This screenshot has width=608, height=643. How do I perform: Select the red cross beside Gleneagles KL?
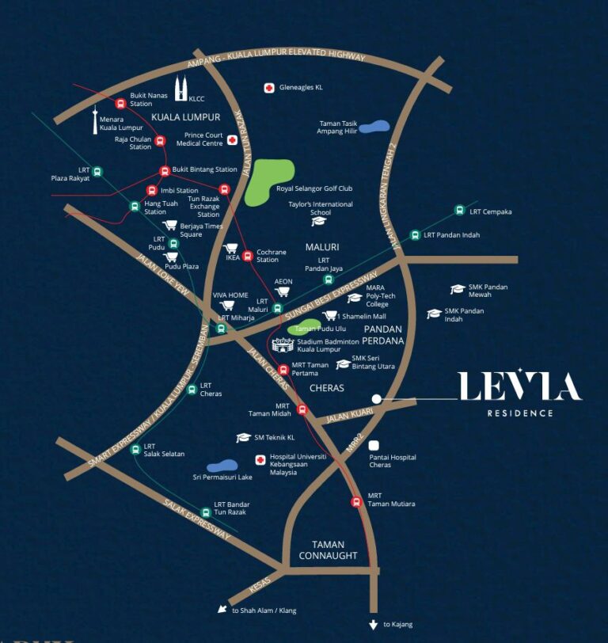click(x=269, y=88)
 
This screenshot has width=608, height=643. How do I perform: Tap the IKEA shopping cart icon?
click(x=231, y=249)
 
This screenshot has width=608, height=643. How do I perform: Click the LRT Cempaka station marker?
click(x=459, y=211)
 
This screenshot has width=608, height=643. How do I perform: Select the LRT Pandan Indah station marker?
click(x=414, y=235)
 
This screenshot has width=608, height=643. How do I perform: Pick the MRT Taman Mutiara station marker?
click(x=356, y=501)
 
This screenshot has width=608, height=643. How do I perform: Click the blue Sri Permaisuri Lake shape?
click(x=222, y=466)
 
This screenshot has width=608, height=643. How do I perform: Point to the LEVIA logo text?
click(x=519, y=386)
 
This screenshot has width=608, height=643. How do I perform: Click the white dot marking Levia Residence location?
click(x=377, y=399)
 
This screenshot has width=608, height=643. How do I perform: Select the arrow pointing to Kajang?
click(x=374, y=624)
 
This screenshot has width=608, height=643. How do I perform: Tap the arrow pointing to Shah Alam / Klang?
click(x=222, y=609)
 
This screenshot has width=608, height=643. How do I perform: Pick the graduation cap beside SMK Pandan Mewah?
click(x=458, y=289)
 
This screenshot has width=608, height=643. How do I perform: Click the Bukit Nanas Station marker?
click(x=120, y=103)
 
